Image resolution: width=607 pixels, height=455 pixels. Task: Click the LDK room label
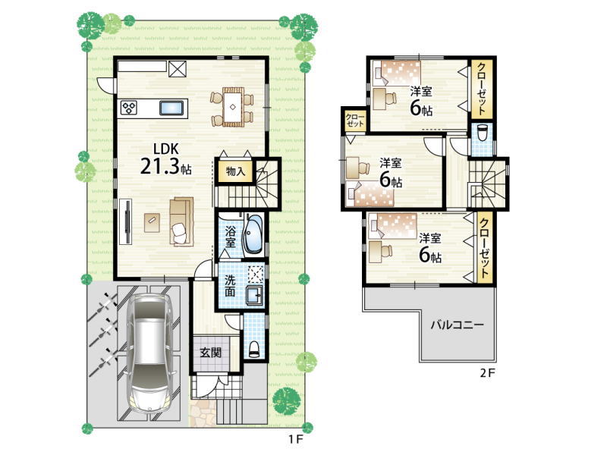165,149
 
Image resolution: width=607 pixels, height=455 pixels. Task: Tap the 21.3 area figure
159,167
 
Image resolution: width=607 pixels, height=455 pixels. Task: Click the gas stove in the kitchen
129,108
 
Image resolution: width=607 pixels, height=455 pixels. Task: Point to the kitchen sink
171,108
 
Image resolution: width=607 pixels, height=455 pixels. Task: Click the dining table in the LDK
232,107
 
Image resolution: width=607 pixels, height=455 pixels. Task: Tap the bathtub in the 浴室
253,235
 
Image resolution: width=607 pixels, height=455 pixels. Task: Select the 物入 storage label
235,171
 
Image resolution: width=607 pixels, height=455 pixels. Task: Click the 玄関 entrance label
211,353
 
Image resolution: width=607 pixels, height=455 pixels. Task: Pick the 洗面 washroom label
230,286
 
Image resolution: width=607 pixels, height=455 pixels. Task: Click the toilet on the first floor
254,349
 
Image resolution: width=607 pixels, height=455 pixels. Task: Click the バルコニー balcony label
458,325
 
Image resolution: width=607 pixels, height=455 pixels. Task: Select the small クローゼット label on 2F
354,120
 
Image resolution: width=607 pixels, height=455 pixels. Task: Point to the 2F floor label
487,373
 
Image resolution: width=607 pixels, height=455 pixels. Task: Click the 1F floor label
294,439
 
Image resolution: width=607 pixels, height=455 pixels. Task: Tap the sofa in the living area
181,221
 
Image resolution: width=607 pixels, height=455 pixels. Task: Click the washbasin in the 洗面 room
255,296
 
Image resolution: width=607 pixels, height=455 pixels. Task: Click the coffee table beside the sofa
153,223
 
